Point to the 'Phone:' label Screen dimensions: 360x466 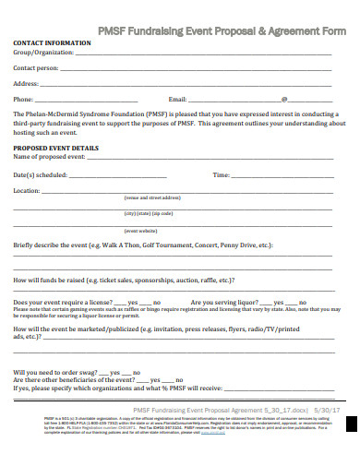point(23,99)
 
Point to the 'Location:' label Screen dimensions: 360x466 point(27,190)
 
